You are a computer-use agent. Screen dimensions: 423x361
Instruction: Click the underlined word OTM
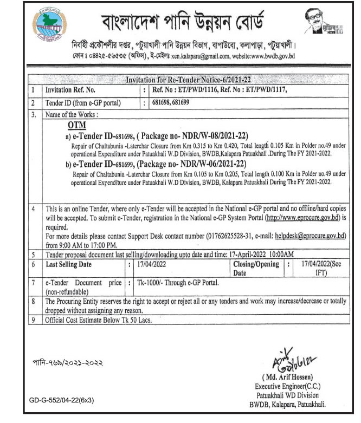coord(71,126)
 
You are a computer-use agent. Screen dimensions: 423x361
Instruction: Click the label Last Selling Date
coord(69,264)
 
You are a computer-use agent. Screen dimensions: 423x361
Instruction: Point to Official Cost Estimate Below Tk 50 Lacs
coord(99,320)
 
